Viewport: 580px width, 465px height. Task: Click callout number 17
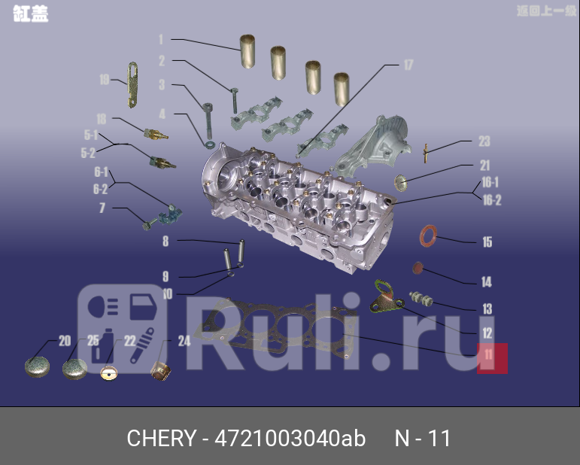[x=408, y=65]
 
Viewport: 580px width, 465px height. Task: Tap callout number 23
[x=484, y=141]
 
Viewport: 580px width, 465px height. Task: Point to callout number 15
[x=487, y=242]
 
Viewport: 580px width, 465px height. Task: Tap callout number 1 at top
[x=160, y=39]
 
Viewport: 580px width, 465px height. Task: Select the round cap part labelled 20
[x=37, y=366]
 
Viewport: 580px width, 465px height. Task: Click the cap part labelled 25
[x=74, y=369]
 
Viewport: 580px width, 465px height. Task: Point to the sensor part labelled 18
[x=154, y=133]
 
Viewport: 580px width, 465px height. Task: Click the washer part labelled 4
[x=208, y=142]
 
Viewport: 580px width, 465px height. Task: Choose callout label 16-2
[x=491, y=201]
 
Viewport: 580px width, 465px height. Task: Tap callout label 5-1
[x=90, y=135]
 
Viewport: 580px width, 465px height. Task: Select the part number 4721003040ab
[x=290, y=439]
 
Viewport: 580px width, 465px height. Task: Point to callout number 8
[x=165, y=242]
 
